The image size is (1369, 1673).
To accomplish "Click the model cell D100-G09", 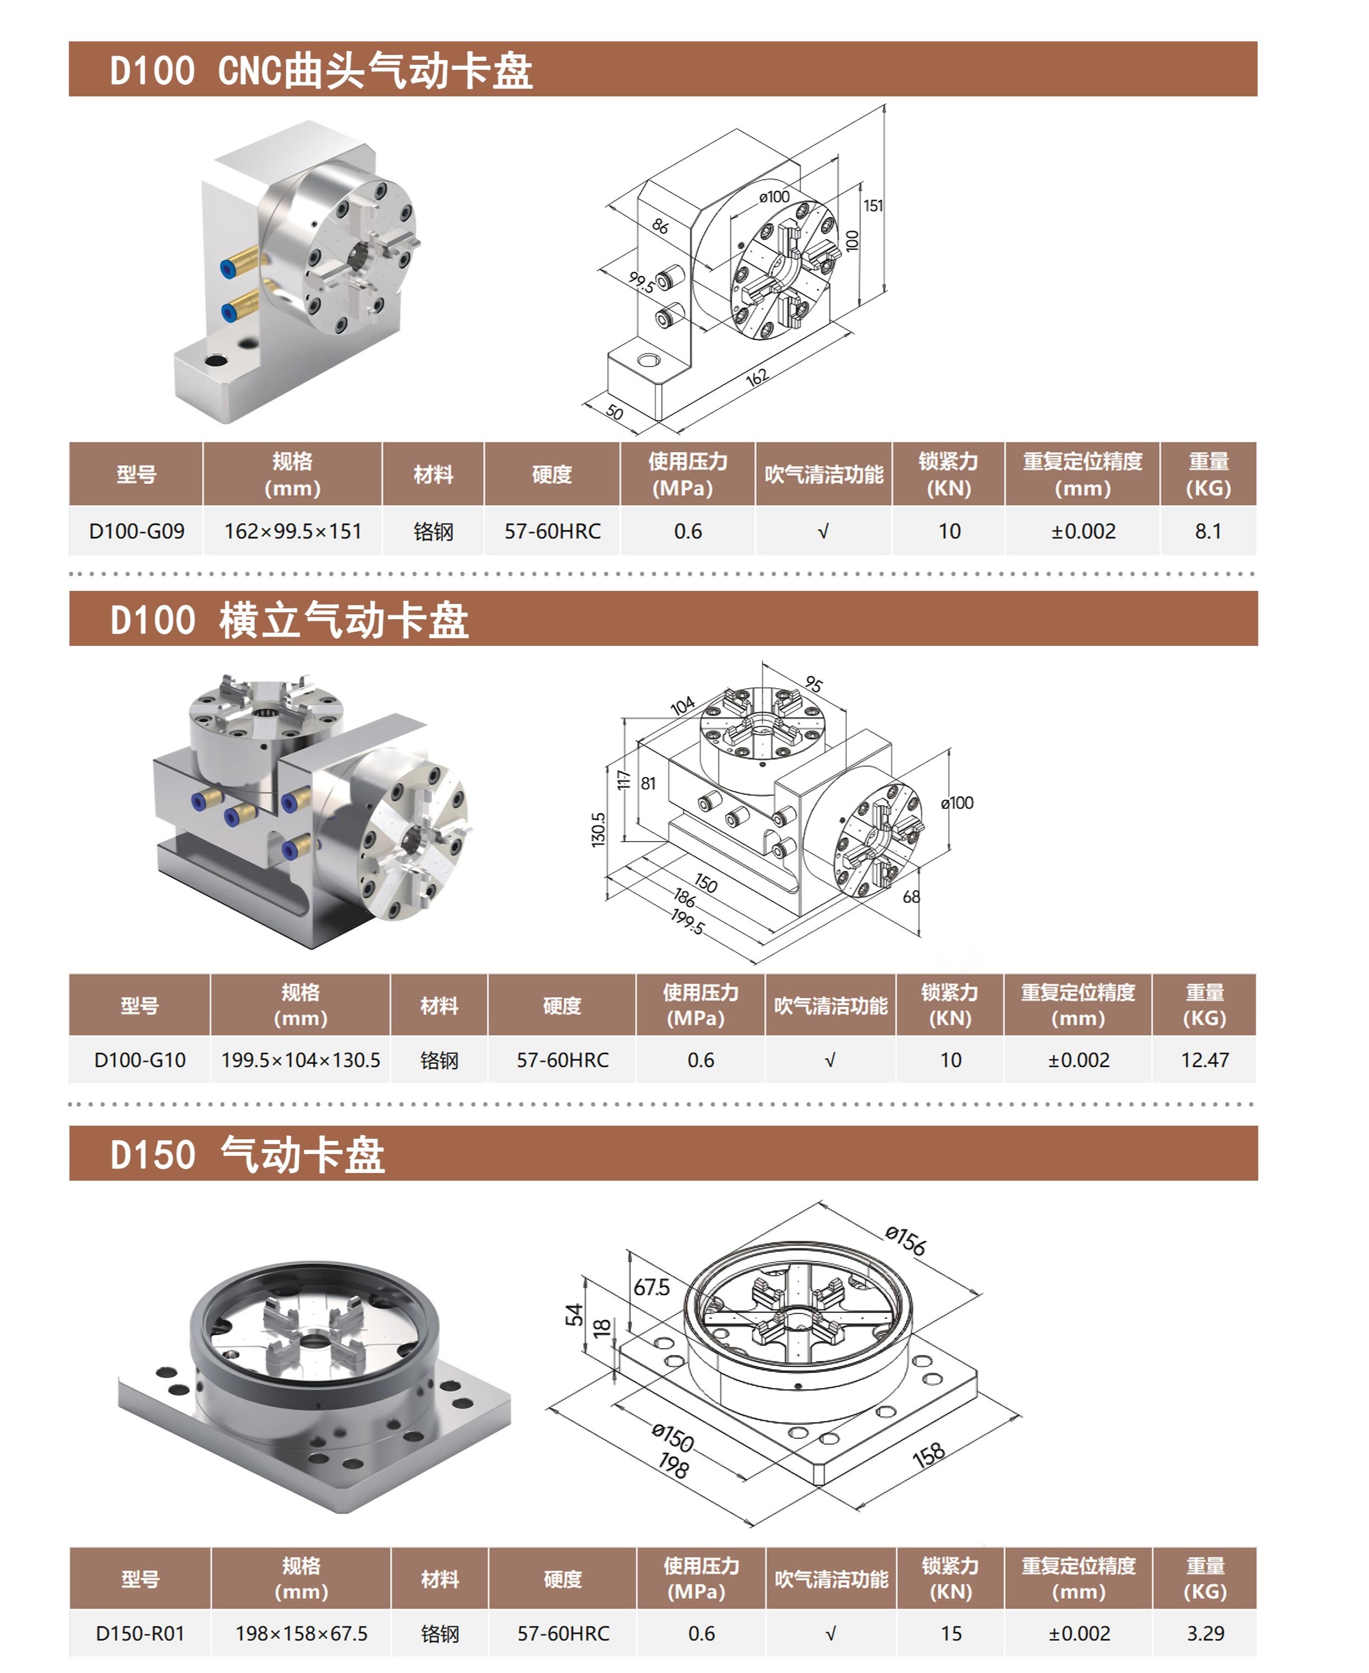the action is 137,531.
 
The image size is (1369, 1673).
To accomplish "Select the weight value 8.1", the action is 1207,531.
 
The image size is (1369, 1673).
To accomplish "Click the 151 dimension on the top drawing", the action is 873,206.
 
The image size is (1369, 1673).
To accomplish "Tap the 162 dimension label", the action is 756,378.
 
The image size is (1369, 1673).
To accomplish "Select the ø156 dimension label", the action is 905,1240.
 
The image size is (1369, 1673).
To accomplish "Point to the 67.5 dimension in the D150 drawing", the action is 652,1288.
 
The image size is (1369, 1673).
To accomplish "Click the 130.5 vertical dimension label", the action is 599,830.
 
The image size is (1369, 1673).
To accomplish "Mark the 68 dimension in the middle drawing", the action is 911,897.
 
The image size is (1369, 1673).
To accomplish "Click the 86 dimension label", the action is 660,227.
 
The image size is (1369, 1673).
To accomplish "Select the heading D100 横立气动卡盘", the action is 290,620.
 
